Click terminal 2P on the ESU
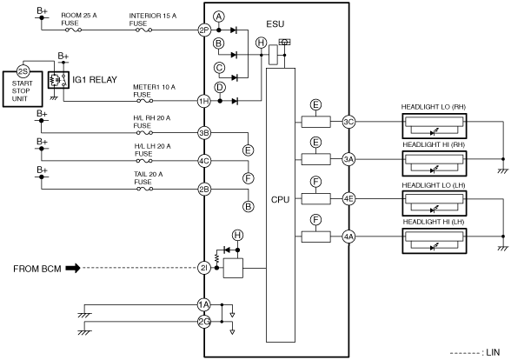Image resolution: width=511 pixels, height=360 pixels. pos(204,30)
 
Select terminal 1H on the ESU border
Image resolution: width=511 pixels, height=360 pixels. pos(204,101)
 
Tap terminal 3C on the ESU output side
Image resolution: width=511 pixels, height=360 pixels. pos(348,122)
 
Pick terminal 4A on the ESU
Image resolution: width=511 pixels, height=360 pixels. pos(348,237)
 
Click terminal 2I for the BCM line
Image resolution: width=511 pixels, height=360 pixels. pos(204,268)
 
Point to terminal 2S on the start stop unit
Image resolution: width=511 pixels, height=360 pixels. pos(23,71)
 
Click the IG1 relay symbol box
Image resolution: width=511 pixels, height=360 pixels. pos(59,80)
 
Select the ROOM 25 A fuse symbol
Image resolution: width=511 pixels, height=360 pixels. pos(74,30)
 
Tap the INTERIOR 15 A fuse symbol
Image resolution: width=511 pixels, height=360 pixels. pos(143,30)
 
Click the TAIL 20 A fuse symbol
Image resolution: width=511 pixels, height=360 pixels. pos(144,189)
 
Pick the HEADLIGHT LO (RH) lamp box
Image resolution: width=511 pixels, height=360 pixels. pos(435,126)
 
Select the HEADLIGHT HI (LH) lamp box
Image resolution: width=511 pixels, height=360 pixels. pos(435,241)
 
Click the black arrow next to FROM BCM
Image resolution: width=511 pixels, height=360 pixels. pos(73,269)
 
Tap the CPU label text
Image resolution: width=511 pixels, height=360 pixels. pos(280,200)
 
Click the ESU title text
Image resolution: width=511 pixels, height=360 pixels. pos(275,24)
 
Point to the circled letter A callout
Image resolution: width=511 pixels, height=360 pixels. pos(219,17)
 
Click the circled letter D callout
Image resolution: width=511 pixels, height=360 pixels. pos(220,87)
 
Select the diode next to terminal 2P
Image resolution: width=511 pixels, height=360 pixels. pos(233,30)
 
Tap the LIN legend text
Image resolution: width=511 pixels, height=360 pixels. pos(493,352)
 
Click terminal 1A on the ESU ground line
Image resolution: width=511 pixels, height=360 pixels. pos(204,305)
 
